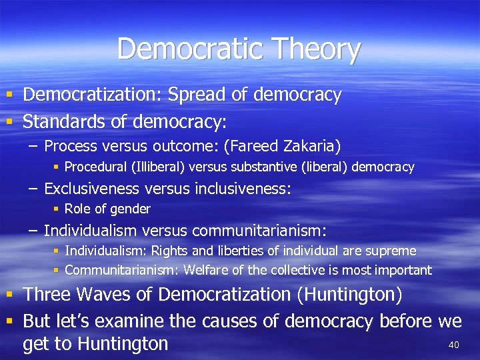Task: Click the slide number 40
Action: [454, 345]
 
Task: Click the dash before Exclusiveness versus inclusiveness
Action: [33, 189]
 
